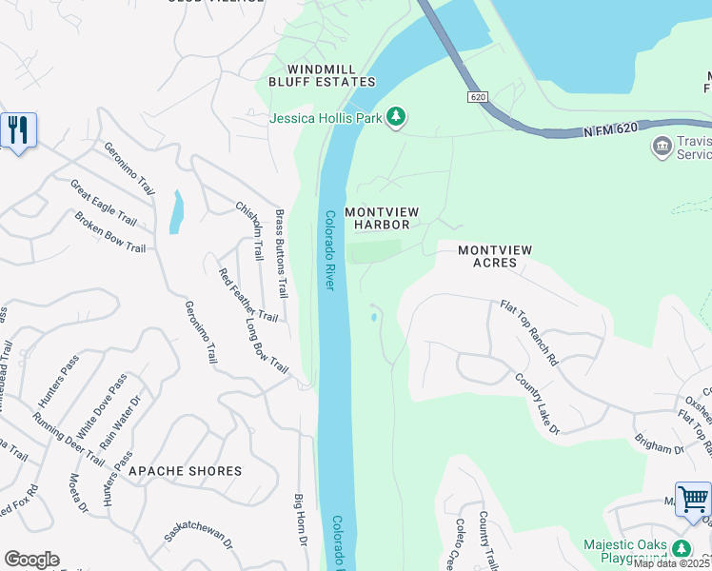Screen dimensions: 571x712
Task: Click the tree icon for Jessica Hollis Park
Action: [x=396, y=118]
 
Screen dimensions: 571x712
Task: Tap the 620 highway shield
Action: [x=477, y=97]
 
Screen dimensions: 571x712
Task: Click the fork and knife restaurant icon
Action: [x=17, y=129]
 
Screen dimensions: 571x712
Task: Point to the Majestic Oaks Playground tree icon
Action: [x=682, y=549]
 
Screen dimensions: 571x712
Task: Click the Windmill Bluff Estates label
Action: [x=332, y=75]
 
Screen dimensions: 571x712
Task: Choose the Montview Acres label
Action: [x=494, y=256]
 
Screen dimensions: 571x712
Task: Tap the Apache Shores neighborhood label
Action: [x=185, y=471]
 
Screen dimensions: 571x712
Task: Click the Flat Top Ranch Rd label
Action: [x=529, y=334]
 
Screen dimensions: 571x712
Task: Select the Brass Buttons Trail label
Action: [x=281, y=253]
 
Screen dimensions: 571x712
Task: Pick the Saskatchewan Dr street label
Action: [x=199, y=538]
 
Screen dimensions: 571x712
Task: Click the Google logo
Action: [x=31, y=560]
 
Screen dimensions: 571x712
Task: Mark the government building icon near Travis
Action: [x=662, y=146]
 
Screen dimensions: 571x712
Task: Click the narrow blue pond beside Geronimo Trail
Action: [x=176, y=211]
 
